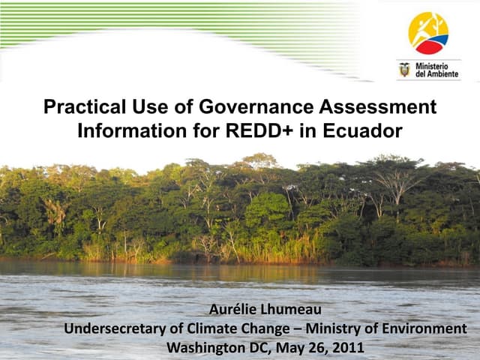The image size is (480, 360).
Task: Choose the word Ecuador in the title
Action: pos(362,131)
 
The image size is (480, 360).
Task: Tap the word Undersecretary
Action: pos(112,329)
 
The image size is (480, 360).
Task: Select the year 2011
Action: pos(348,347)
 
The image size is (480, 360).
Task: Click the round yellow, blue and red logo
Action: pos(428,33)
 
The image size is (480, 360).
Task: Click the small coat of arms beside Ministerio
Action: pos(405,70)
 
